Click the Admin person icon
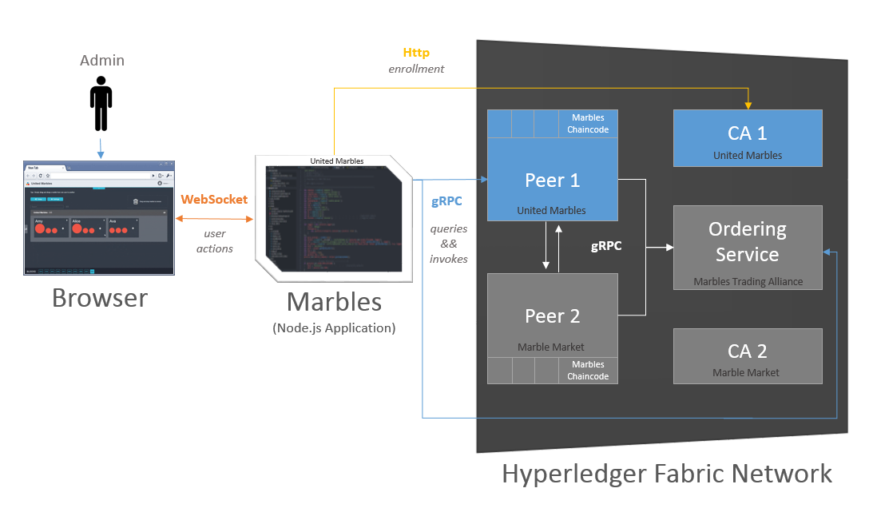pyautogui.click(x=101, y=104)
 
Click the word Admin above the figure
pyautogui.click(x=102, y=61)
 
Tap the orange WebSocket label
pyautogui.click(x=214, y=200)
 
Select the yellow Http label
pyautogui.click(x=416, y=53)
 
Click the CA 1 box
pyautogui.click(x=748, y=138)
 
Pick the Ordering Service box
pyautogui.click(x=748, y=247)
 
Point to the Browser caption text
pyautogui.click(x=100, y=298)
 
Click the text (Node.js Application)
pyautogui.click(x=334, y=327)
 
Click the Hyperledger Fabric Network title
pyautogui.click(x=667, y=473)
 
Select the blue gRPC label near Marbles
pyautogui.click(x=446, y=201)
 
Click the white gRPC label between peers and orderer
pyautogui.click(x=606, y=246)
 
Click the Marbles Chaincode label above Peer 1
pyautogui.click(x=588, y=124)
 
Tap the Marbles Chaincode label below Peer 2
pyautogui.click(x=588, y=371)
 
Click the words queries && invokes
pyautogui.click(x=449, y=243)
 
